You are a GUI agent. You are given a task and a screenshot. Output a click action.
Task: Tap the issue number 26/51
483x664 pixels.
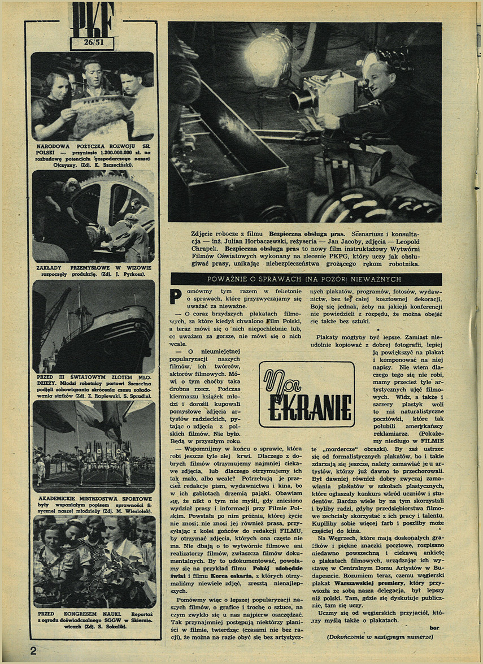pyautogui.click(x=92, y=43)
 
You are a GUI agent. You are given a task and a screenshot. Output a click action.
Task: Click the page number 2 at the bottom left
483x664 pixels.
pyautogui.click(x=34, y=650)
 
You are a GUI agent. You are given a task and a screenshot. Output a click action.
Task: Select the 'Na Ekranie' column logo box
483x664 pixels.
pyautogui.click(x=307, y=393)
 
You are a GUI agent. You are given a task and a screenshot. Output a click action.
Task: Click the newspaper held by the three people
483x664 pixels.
pyautogui.click(x=102, y=116)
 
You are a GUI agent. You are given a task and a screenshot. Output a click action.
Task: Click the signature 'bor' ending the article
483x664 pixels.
pyautogui.click(x=426, y=628)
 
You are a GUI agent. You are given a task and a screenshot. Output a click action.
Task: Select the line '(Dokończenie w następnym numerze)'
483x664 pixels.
pyautogui.click(x=379, y=637)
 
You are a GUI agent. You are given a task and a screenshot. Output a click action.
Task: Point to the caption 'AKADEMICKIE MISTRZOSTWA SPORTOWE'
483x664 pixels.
pyautogui.click(x=93, y=499)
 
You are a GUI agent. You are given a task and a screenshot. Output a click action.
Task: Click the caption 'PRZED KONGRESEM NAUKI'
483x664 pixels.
pyautogui.click(x=67, y=613)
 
